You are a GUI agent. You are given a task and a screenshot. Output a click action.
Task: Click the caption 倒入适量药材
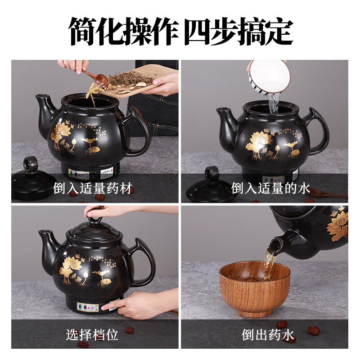[x=93, y=188]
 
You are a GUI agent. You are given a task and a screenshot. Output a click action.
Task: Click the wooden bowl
[x=254, y=288]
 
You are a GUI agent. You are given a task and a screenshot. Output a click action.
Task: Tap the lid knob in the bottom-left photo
[x=95, y=219]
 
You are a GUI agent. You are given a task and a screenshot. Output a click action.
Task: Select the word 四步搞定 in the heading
[x=239, y=31]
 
